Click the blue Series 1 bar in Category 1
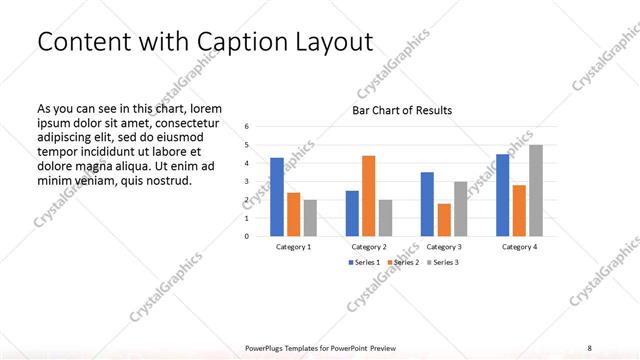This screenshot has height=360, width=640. point(277,197)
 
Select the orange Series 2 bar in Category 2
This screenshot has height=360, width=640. point(368,196)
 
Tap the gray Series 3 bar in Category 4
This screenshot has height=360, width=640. point(536,191)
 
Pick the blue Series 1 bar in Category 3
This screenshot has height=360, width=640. point(427,204)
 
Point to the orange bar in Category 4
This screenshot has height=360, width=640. point(519,211)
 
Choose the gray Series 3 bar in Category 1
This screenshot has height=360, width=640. point(310,218)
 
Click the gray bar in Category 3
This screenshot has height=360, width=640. point(460,209)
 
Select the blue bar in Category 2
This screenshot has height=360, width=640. point(352,213)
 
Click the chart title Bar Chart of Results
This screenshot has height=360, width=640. point(402,110)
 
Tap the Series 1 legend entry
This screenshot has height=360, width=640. point(364,262)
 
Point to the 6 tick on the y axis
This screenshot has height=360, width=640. point(247,127)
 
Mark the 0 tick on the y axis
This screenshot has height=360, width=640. point(247,236)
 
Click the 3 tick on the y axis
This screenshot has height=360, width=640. point(247,182)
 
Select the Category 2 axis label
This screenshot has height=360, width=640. point(369,246)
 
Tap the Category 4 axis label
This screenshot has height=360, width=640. point(519,246)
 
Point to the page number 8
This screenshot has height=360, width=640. point(589,348)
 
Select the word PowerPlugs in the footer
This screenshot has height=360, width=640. point(269,348)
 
